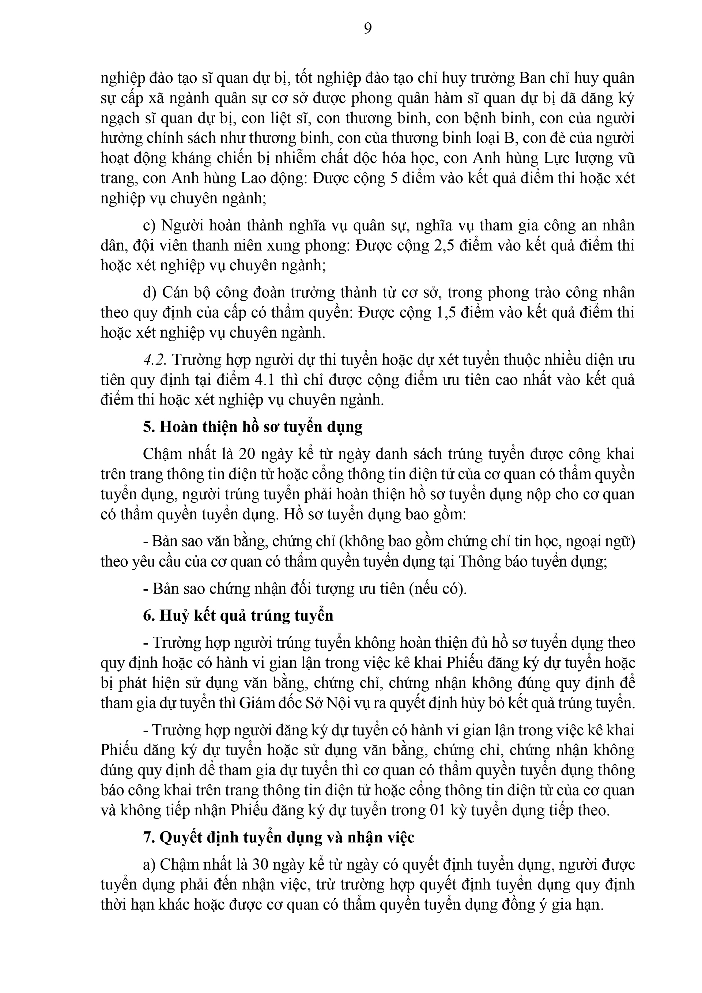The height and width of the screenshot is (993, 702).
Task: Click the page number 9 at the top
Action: coord(368,29)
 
